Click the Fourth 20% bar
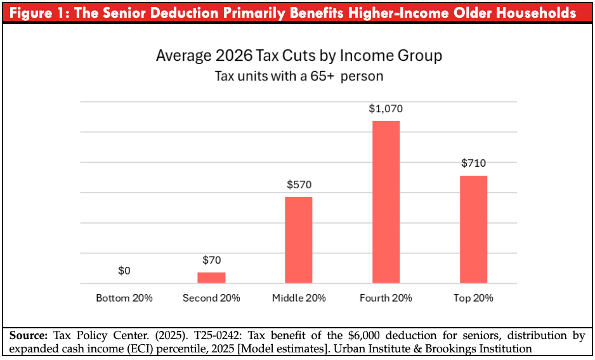386,202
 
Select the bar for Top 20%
473,229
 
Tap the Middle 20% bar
298,240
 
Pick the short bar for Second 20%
211,278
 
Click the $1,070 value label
386,108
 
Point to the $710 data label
473,163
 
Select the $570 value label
299,185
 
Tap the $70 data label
211,260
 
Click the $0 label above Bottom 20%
124,271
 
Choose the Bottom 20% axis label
124,298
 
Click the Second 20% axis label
211,298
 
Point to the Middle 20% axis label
299,298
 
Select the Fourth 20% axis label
386,298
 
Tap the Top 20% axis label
473,298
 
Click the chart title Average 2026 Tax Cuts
299,56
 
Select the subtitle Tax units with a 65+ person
299,76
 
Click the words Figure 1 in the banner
39,13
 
